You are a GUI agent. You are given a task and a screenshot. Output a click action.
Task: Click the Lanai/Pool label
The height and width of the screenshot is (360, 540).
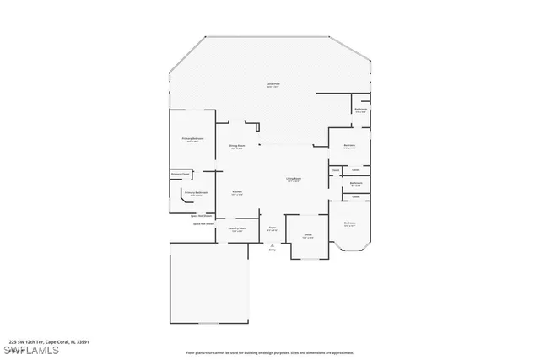pos(273,84)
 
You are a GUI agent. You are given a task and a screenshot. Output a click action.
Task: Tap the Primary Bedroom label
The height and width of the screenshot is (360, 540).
pos(192,138)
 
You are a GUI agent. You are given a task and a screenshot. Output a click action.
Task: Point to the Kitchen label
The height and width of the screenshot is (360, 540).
pos(237,191)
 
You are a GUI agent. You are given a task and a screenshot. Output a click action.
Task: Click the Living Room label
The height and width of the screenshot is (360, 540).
pos(294,179)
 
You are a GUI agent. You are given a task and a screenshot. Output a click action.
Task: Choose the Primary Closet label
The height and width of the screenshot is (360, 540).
pos(180,175)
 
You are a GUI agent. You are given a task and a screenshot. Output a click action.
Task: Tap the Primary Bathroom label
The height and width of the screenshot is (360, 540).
pos(196,192)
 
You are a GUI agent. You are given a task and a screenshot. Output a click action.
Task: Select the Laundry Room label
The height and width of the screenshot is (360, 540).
pos(237,228)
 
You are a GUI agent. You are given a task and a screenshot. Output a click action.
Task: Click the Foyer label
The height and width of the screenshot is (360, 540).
pos(272,228)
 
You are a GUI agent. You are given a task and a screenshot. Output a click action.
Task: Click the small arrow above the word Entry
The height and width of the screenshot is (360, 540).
pos(272,244)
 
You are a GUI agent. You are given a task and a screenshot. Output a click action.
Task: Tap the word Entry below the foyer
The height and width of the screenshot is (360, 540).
pos(272,250)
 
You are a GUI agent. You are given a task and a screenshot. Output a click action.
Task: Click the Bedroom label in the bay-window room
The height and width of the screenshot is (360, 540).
pos(349,223)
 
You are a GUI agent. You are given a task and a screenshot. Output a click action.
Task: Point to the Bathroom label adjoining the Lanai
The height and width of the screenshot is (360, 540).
pos(360,110)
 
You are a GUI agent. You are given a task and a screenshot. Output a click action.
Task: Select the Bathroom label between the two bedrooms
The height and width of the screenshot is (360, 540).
pos(356,183)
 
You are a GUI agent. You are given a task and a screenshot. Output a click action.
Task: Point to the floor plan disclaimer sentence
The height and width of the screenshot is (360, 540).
pos(270,352)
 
